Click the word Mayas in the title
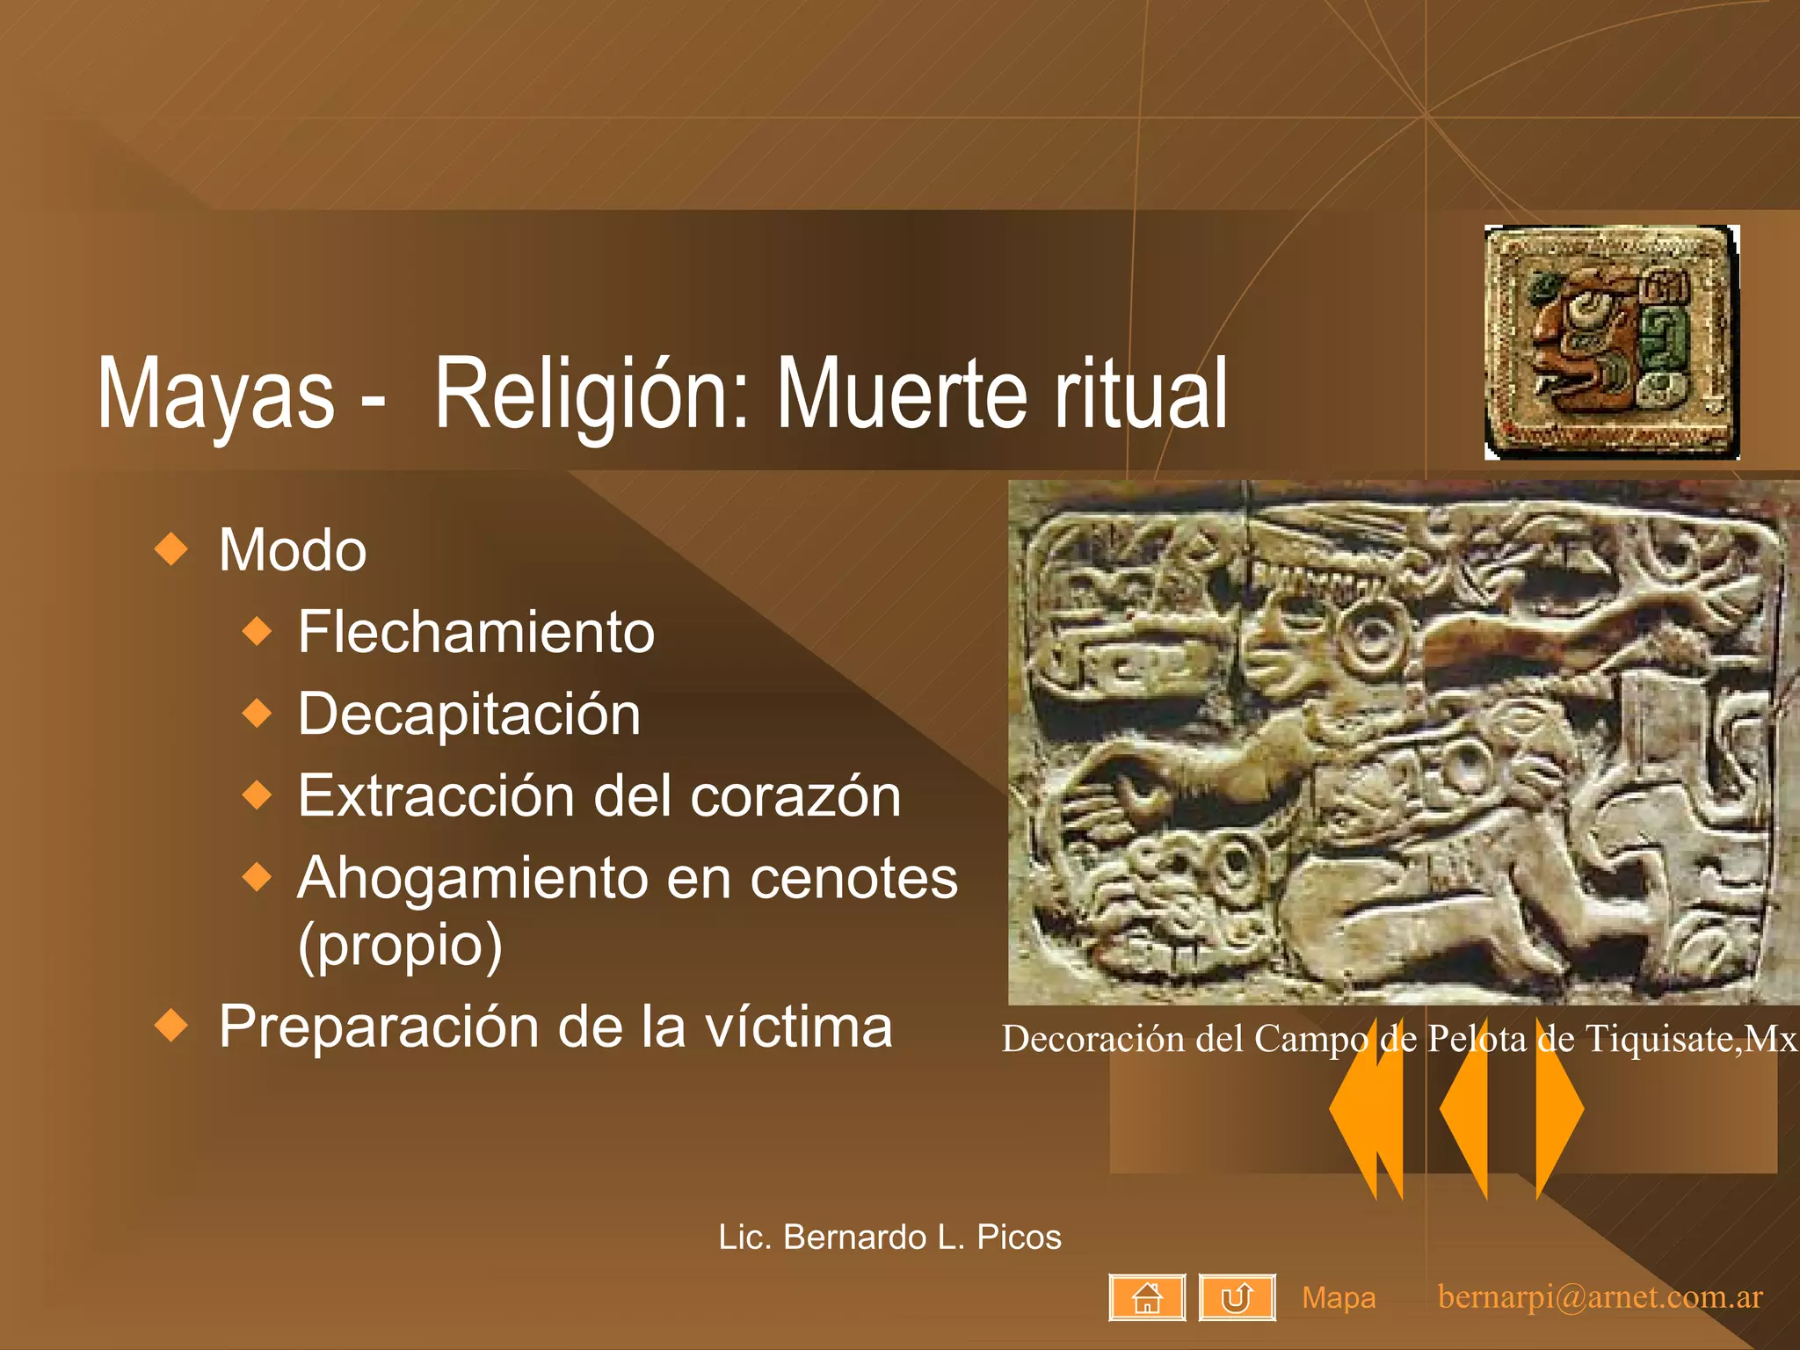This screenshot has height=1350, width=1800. coord(215,393)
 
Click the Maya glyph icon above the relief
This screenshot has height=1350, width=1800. coord(1612,342)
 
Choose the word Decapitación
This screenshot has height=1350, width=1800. coord(468,713)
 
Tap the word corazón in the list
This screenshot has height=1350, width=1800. coord(795,795)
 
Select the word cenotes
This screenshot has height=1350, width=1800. coord(853,877)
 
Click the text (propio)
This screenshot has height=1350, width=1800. coord(400,944)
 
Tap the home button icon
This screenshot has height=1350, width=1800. coord(1147,1297)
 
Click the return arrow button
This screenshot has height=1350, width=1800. coord(1237,1297)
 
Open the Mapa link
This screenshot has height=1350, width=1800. coord(1339,1297)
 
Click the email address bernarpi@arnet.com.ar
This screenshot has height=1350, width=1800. coord(1600,1296)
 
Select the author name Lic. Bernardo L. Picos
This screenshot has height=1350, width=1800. coord(889,1237)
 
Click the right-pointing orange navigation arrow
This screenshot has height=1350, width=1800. coord(1559,1109)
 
